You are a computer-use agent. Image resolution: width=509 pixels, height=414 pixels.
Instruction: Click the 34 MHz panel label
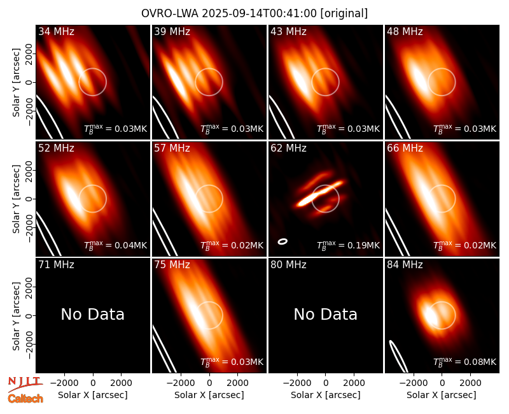tap(56, 31)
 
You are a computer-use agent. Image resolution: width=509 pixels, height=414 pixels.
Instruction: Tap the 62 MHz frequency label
tap(289, 148)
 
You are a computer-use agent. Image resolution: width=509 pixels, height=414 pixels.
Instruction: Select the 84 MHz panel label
tap(405, 265)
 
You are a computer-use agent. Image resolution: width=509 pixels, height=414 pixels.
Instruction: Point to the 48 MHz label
tap(405, 31)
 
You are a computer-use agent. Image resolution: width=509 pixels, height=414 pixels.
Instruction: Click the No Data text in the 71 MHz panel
tap(92, 314)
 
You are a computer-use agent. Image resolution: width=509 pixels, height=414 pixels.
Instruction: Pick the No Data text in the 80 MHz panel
tap(325, 314)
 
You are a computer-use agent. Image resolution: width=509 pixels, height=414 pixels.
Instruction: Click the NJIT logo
tap(25, 383)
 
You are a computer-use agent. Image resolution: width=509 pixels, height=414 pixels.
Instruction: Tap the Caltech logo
tap(25, 399)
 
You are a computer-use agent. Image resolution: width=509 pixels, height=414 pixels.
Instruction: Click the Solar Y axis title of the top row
tap(16, 83)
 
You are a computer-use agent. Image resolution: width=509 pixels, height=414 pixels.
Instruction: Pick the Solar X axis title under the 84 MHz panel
tap(442, 395)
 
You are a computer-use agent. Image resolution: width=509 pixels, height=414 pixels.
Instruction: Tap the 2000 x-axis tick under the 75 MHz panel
tap(237, 383)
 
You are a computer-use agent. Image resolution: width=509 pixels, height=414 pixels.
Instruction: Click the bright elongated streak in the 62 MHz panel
tap(320, 194)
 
